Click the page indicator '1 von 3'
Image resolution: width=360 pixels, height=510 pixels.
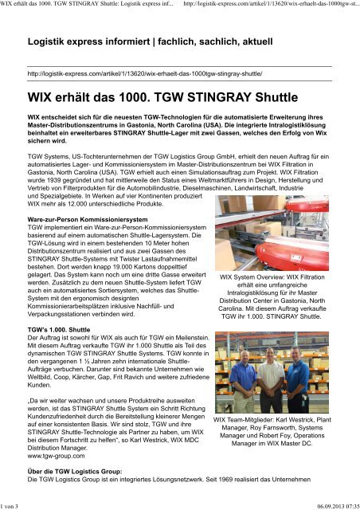pos(14,505)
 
